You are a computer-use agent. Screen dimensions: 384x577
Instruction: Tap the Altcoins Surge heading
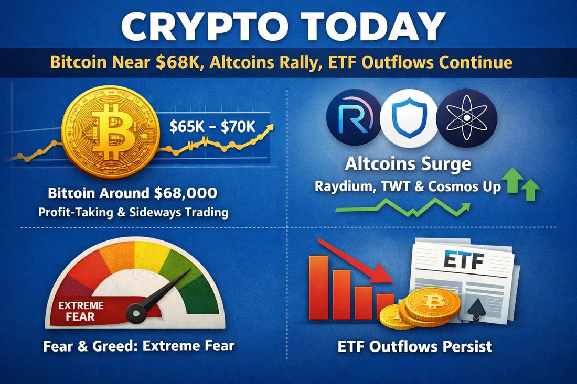click(x=408, y=165)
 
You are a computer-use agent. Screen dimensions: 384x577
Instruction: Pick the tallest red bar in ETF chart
click(x=318, y=287)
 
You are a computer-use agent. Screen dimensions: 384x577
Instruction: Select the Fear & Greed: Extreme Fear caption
click(x=140, y=346)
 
